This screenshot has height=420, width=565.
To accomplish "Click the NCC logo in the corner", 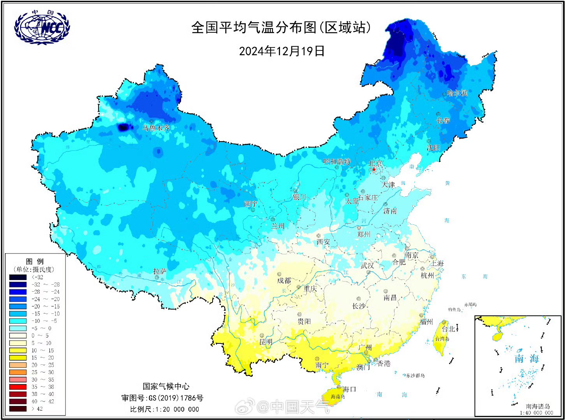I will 42,27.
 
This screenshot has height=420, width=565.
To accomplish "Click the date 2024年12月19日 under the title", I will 282,51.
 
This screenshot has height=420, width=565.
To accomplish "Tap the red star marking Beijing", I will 374,170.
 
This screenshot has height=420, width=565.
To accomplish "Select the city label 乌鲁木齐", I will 156,128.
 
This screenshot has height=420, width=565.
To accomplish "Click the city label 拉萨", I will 160,271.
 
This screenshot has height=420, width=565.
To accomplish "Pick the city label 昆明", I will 266,342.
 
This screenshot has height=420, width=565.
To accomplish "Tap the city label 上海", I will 437,263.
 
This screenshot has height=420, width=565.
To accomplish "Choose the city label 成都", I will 284,280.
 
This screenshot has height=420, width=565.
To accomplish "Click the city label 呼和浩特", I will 337,161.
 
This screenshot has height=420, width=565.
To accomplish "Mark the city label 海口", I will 349,389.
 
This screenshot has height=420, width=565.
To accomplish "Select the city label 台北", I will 448,329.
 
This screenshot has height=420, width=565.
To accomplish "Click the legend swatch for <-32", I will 18,277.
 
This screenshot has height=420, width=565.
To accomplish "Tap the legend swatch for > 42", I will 18,409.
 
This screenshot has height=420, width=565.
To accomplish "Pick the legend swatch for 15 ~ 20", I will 18,358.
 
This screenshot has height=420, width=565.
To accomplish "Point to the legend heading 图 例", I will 35,261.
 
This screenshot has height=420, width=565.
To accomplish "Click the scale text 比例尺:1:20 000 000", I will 164,409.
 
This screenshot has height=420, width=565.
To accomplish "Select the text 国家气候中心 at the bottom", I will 166,386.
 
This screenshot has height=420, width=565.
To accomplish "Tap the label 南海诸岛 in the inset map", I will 537,406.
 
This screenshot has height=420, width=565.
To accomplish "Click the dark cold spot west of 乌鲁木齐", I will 123,127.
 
